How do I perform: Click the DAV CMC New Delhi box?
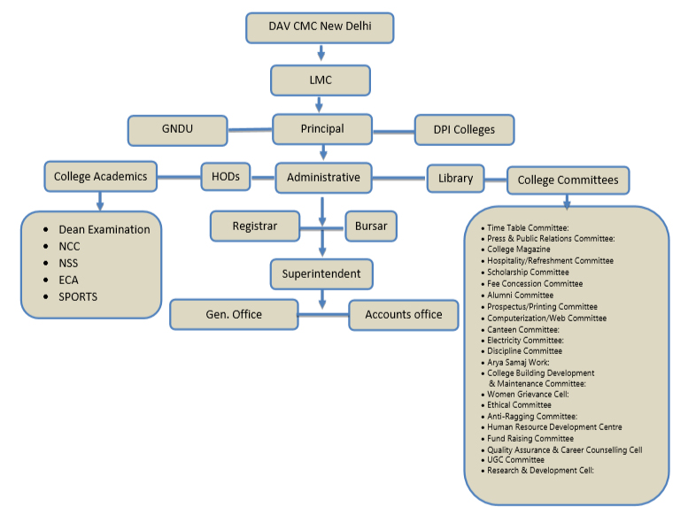319,27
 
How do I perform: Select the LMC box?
320,81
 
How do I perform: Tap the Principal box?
321,128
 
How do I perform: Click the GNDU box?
177,129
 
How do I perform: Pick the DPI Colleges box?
464,130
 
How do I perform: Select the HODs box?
226,175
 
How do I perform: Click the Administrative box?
323,177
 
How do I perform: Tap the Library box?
455,178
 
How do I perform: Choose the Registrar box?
254,227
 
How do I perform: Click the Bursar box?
371,227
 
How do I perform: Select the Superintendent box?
321,273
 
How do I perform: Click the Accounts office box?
404,314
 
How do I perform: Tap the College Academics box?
100,176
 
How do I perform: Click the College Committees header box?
568,181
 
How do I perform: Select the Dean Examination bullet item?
104,229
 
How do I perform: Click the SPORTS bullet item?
78,296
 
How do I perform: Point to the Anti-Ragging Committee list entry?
531,416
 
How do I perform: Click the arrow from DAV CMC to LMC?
320,54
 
